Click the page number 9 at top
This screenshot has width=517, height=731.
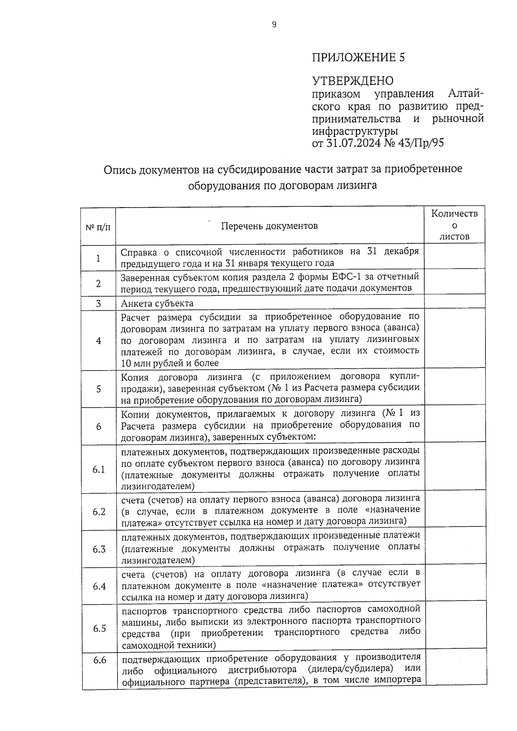pyautogui.click(x=274, y=25)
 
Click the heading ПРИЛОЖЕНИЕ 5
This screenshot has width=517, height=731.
pyautogui.click(x=358, y=57)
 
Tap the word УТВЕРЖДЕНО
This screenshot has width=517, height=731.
pyautogui.click(x=352, y=81)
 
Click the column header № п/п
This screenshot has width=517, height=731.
pyautogui.click(x=98, y=227)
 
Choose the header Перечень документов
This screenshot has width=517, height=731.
pyautogui.click(x=269, y=226)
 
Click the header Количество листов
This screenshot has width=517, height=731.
pyautogui.click(x=455, y=225)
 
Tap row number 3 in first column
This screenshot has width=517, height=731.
pyautogui.click(x=98, y=304)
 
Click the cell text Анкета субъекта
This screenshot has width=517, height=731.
pyautogui.click(x=157, y=303)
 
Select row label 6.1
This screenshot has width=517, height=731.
pyautogui.click(x=99, y=470)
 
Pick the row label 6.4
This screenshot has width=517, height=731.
pyautogui.click(x=99, y=587)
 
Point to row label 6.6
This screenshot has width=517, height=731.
pyautogui.click(x=100, y=660)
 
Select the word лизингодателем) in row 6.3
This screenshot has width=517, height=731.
pyautogui.click(x=158, y=560)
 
